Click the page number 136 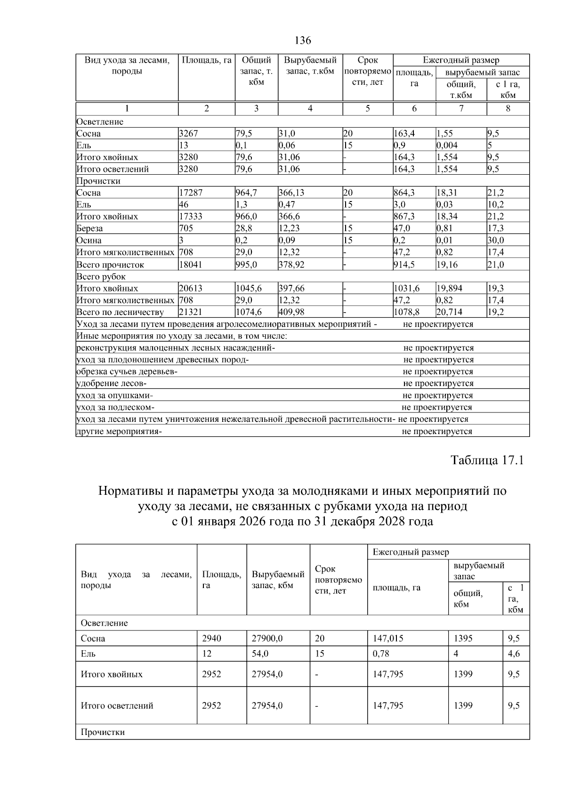click(x=303, y=40)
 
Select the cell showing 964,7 click(x=247, y=193)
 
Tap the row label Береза click(x=90, y=228)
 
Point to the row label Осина click(x=89, y=240)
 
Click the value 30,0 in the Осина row click(x=495, y=240)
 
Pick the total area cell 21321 click(x=190, y=312)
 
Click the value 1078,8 click(x=404, y=312)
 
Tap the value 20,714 click(x=447, y=312)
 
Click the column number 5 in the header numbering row click(x=367, y=108)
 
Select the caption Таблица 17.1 click(x=487, y=460)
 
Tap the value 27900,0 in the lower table click(x=267, y=638)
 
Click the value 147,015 click(x=388, y=638)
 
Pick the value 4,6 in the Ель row click(x=514, y=654)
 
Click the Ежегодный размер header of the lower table click(x=411, y=552)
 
